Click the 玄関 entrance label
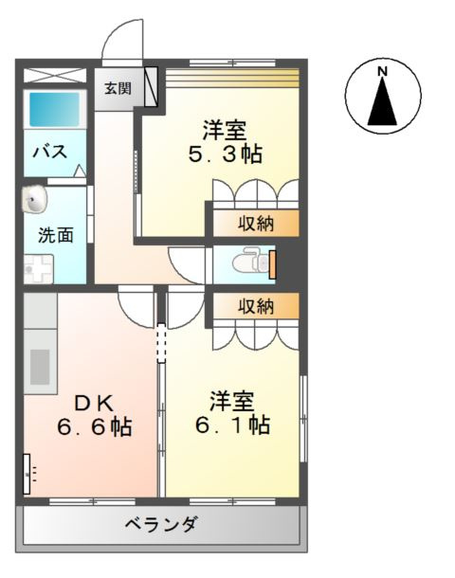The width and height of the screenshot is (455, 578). click(118, 89)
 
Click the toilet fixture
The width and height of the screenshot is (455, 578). click(250, 260)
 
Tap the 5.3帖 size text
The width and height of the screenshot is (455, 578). click(224, 154)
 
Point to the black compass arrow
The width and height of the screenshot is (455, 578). click(383, 102)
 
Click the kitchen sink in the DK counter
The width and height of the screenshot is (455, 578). click(41, 365)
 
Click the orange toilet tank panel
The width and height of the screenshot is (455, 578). click(272, 262)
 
